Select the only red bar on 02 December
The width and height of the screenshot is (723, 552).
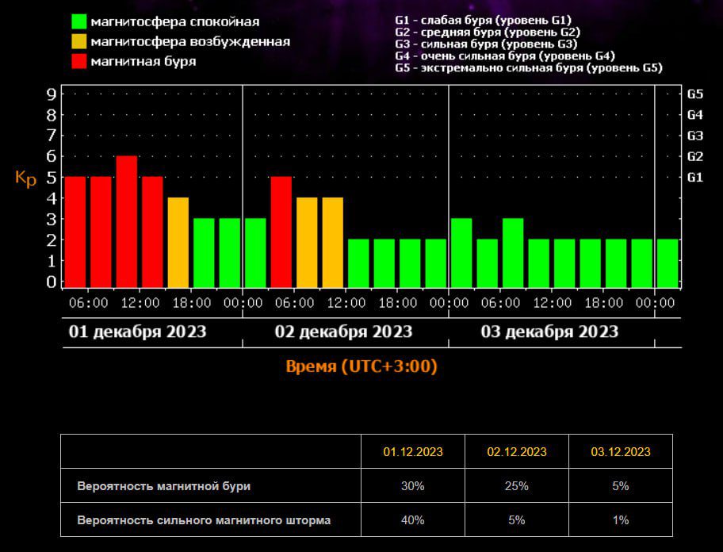click(281, 231)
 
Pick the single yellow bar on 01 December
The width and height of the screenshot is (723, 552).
click(178, 242)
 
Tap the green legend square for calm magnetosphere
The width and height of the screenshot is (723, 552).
click(78, 21)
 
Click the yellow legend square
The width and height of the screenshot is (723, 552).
click(78, 41)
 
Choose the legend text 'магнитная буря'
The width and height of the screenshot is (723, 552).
click(143, 60)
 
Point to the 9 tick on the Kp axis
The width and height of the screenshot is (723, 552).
click(52, 94)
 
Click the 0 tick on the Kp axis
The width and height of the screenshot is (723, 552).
click(52, 282)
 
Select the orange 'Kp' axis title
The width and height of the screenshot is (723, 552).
click(26, 178)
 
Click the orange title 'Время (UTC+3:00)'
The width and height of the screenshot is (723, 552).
click(361, 366)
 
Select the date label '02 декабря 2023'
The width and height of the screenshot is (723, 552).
click(343, 332)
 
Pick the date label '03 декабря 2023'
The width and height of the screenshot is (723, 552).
click(549, 332)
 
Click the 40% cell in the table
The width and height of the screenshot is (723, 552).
click(413, 520)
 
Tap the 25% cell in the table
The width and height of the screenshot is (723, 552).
click(517, 486)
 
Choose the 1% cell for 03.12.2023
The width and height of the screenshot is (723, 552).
click(621, 520)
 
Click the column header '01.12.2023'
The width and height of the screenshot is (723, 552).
click(413, 452)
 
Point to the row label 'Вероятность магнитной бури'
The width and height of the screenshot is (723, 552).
click(170, 486)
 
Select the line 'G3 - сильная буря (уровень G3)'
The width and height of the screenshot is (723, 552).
click(486, 44)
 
